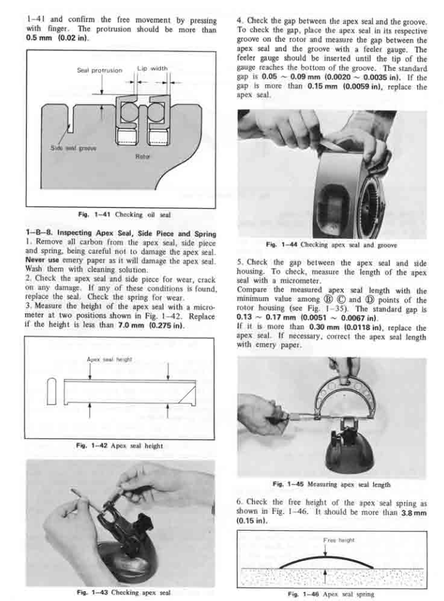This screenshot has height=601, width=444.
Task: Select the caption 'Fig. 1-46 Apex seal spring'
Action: (x=331, y=592)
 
